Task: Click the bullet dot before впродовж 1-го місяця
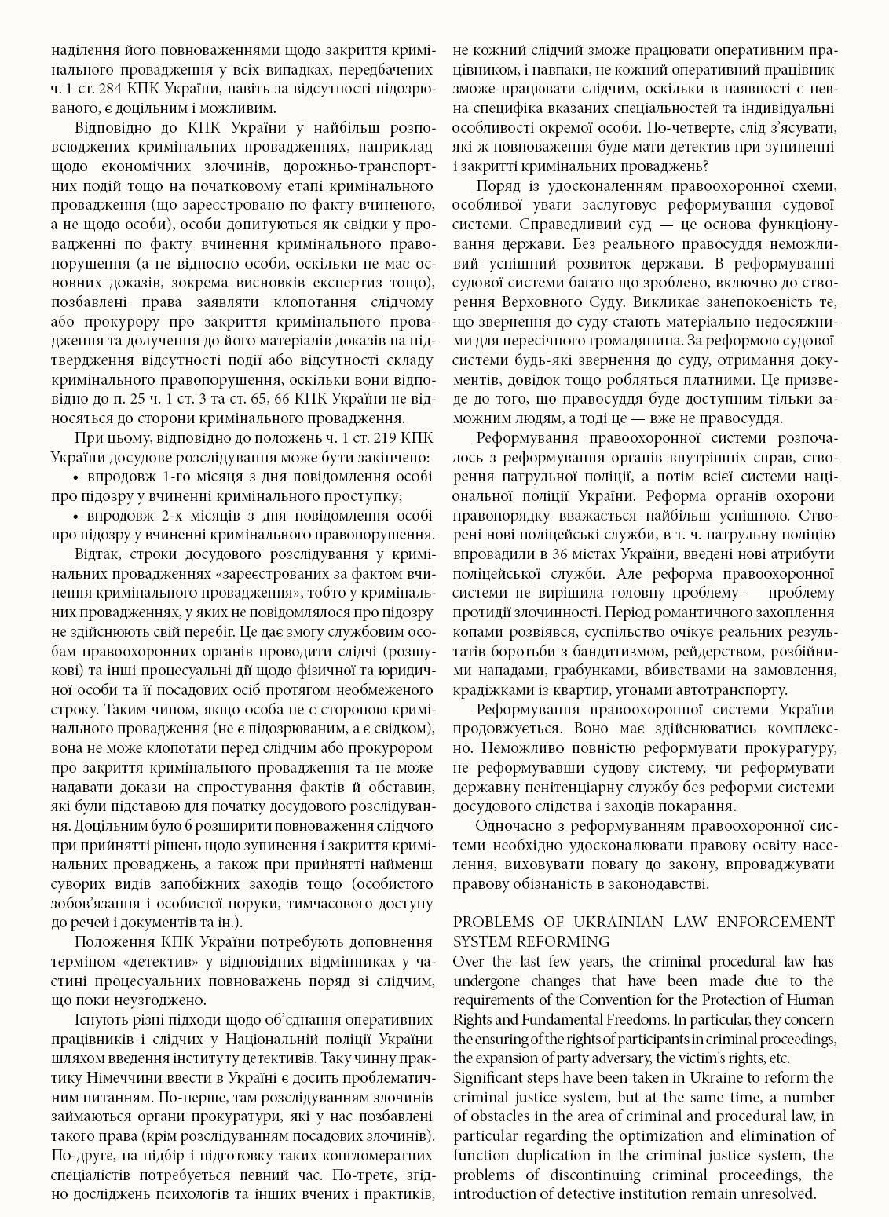coord(76,477)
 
